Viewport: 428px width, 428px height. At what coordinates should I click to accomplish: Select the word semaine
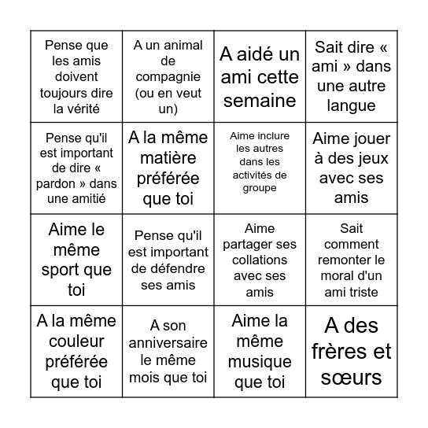[260, 100]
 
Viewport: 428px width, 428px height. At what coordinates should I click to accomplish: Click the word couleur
[76, 341]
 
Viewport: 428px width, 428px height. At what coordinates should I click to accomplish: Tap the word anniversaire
[168, 343]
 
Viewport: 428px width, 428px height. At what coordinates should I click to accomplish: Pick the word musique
[260, 362]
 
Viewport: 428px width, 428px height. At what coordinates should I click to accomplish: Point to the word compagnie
[168, 76]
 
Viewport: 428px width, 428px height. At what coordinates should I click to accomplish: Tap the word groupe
[260, 188]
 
